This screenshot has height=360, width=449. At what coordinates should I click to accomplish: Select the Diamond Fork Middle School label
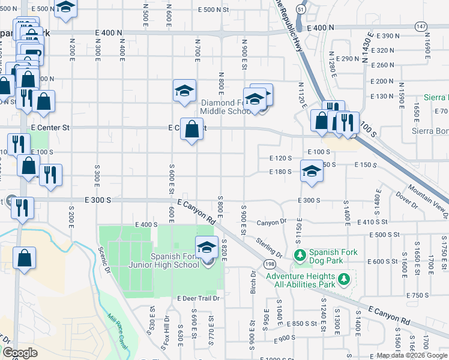(x=226, y=107)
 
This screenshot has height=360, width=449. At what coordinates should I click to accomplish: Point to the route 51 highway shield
(x=300, y=9)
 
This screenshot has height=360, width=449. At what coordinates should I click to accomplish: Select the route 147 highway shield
(x=421, y=26)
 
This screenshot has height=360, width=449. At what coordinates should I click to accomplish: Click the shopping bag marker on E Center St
(x=191, y=129)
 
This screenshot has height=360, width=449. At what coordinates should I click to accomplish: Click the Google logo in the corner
(x=20, y=353)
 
